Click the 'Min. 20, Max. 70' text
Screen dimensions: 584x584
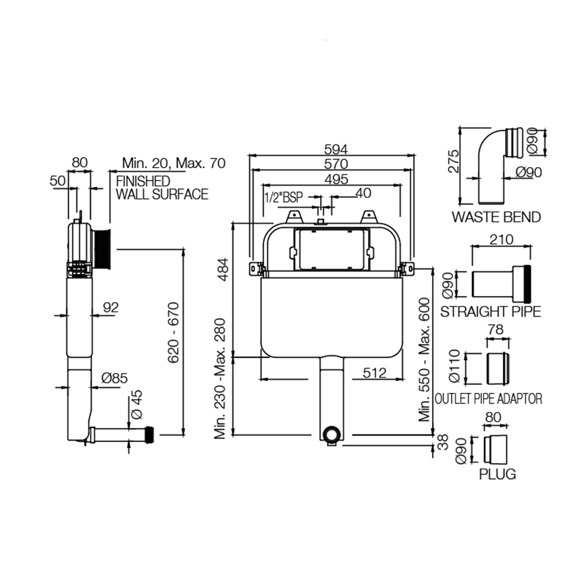click(173, 163)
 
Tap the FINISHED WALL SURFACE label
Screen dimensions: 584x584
click(162, 187)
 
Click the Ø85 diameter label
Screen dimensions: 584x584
click(114, 378)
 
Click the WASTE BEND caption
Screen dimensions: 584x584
click(496, 217)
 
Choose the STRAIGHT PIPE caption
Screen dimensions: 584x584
click(491, 311)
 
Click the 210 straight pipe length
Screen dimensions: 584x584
click(501, 239)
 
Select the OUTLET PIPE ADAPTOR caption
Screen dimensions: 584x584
click(489, 399)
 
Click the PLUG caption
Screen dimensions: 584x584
click(498, 474)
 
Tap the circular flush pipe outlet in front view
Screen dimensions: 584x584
click(332, 435)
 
